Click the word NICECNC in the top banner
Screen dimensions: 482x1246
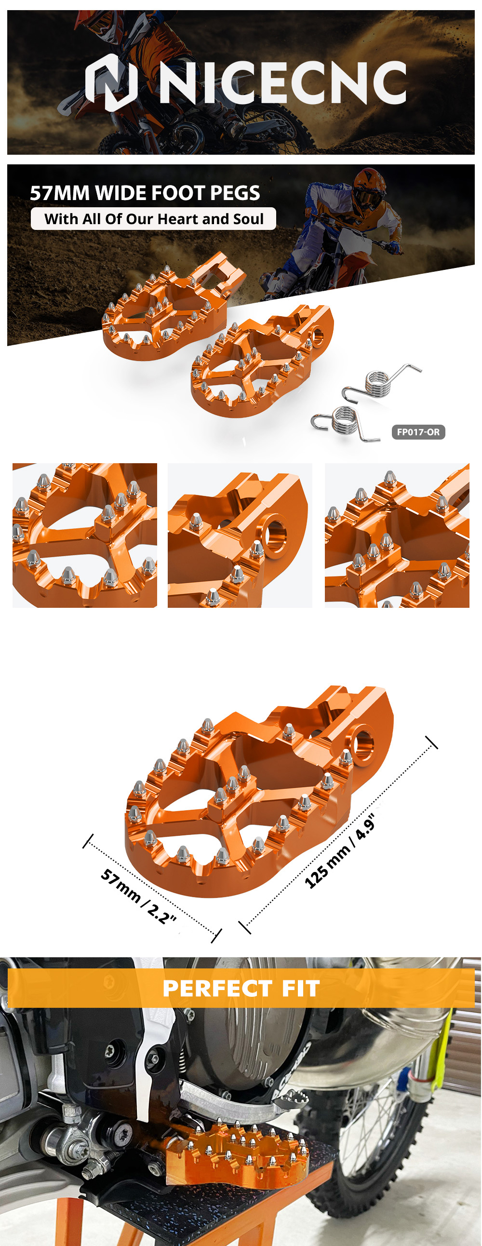pyautogui.click(x=283, y=82)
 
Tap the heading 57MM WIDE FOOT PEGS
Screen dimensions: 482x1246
pyautogui.click(x=145, y=193)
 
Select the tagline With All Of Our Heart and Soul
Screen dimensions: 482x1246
pyautogui.click(x=154, y=219)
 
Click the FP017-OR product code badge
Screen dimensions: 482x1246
pyautogui.click(x=418, y=432)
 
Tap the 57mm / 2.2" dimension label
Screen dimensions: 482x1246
pyautogui.click(x=138, y=896)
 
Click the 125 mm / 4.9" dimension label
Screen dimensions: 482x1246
pyautogui.click(x=339, y=851)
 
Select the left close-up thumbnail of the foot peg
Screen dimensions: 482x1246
pyautogui.click(x=85, y=535)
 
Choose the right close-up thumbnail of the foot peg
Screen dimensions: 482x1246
pyautogui.click(x=397, y=535)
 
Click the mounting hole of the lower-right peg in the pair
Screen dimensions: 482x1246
pyautogui.click(x=318, y=337)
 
